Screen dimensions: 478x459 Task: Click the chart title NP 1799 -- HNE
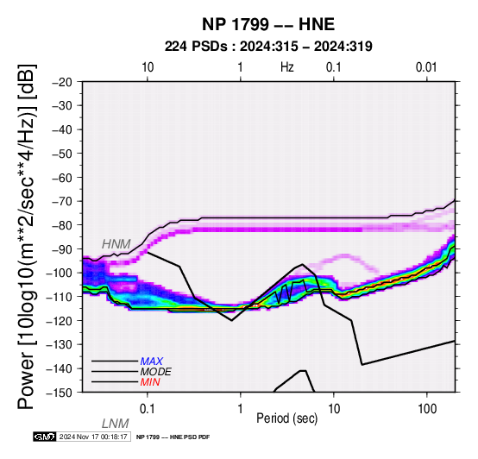click(x=268, y=24)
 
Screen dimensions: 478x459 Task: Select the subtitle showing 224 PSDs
click(x=268, y=47)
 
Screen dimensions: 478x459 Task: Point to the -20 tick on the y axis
click(x=62, y=82)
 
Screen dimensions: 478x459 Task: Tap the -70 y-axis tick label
click(x=62, y=201)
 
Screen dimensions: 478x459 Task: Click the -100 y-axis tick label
click(x=60, y=273)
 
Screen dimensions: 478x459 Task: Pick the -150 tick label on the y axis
click(x=60, y=393)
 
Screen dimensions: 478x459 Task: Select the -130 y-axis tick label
click(x=60, y=344)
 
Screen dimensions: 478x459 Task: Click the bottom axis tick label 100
click(x=427, y=409)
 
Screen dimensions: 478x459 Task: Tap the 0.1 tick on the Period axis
click(x=148, y=409)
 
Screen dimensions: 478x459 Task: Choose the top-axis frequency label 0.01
click(x=426, y=67)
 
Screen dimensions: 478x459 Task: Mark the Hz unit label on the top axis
click(x=287, y=67)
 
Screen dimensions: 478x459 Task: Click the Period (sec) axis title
click(x=286, y=418)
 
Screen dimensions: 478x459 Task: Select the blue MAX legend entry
click(x=152, y=362)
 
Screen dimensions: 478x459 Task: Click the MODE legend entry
click(x=156, y=372)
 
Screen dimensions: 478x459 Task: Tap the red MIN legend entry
click(x=150, y=382)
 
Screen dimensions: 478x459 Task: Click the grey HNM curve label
click(x=116, y=244)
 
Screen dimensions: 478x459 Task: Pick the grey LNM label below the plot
click(x=116, y=424)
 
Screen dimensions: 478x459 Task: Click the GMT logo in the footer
click(x=45, y=437)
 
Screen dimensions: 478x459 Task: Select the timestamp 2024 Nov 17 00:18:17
click(x=93, y=437)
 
